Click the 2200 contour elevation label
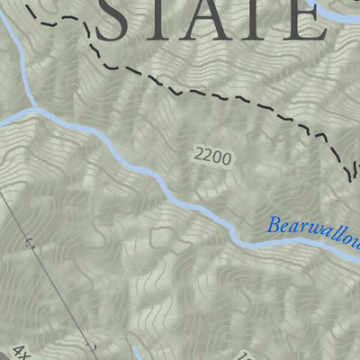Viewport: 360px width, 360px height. pos(212,157)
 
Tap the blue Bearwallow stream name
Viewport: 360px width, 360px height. pos(312,234)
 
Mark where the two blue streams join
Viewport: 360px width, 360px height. pos(36,109)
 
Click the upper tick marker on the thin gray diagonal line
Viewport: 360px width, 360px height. pos(30,243)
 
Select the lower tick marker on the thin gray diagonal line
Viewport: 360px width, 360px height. pos(89,344)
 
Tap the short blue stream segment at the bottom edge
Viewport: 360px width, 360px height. pos(137,353)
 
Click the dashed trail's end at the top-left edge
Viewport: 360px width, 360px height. pos(30,4)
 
